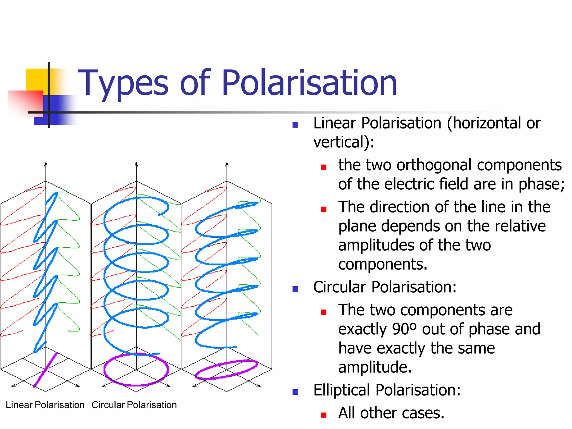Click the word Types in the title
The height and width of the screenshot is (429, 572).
pos(123,83)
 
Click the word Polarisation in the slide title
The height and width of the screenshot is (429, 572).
pos(309,83)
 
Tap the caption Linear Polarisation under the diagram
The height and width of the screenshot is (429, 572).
pos(45,405)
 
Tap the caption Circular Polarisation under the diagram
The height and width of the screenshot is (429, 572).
pos(134,405)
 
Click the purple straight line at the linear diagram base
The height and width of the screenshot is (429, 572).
pos(46,370)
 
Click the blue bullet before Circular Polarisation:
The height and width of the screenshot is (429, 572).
pos(295,289)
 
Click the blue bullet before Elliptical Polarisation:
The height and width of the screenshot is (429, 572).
pos(295,392)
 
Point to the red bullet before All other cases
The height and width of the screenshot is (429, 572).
pos(324,415)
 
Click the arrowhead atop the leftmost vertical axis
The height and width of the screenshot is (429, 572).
pos(46,164)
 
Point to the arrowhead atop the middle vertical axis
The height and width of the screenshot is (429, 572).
pos(136,164)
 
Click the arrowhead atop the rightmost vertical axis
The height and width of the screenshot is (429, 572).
pos(227,164)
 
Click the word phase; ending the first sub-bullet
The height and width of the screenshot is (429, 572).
pos(541,184)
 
